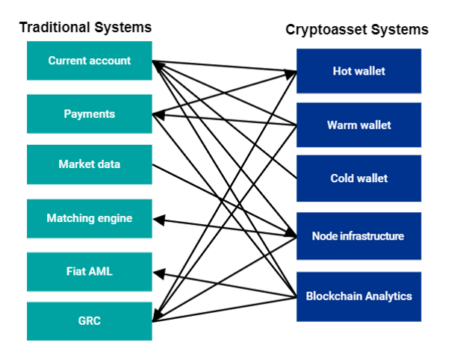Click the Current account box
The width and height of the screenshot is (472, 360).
click(90, 60)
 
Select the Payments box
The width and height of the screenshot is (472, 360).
click(90, 114)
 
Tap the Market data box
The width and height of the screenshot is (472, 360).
click(90, 164)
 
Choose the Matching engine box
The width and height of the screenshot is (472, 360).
click(90, 219)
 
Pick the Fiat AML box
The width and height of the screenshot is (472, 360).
click(90, 272)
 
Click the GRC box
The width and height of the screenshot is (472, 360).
click(90, 321)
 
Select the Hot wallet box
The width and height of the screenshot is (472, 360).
click(358, 72)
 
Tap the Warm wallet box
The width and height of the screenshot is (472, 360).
click(358, 125)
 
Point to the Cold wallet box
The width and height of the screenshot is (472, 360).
click(358, 179)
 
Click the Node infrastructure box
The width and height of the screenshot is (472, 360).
click(358, 236)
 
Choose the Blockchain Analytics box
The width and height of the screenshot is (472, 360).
click(358, 296)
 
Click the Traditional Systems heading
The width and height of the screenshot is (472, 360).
click(85, 28)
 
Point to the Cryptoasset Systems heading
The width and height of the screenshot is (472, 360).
click(357, 30)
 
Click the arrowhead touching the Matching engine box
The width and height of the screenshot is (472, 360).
click(157, 220)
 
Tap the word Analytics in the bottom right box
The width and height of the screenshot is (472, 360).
click(385, 296)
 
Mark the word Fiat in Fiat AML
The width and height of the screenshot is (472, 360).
click(76, 272)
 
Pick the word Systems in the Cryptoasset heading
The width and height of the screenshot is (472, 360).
click(403, 30)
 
